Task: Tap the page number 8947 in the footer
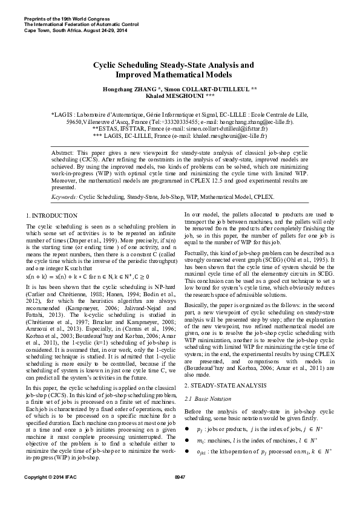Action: point(180,494)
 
